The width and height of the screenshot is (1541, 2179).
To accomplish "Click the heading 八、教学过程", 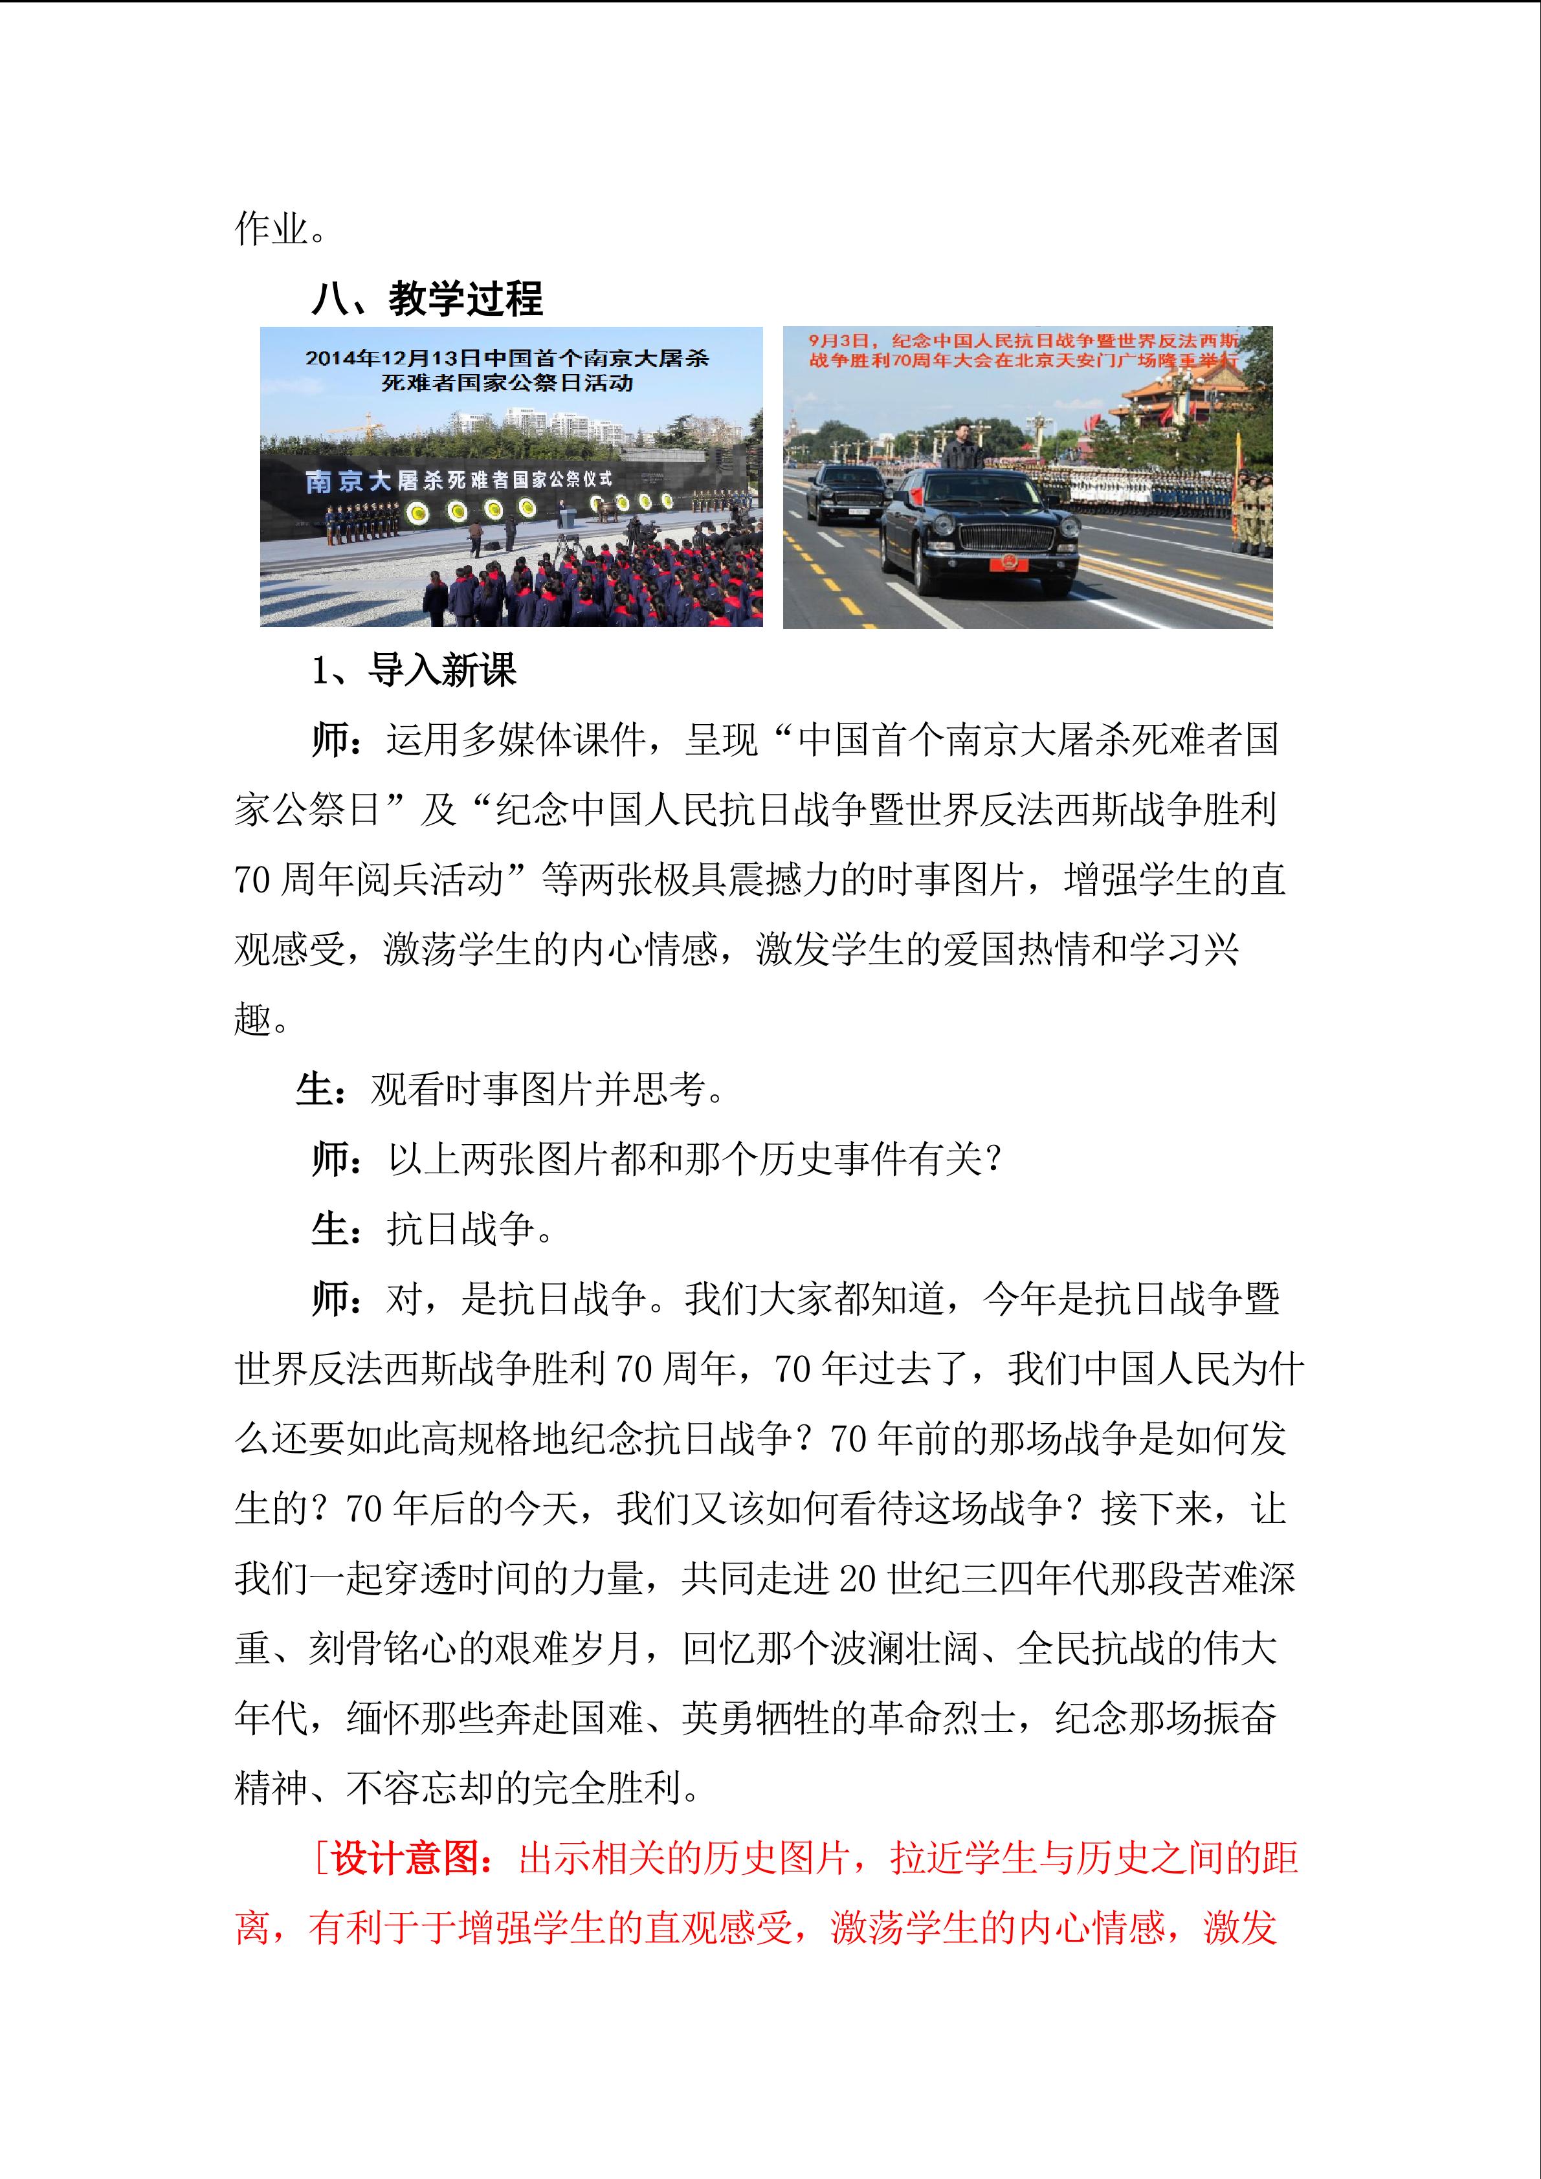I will tap(427, 299).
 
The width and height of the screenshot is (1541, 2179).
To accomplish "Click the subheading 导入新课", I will tap(442, 671).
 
